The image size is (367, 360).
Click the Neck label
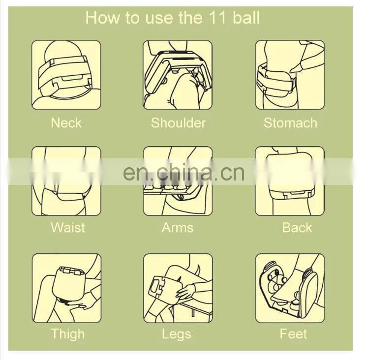point(66,123)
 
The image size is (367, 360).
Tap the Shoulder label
point(178,123)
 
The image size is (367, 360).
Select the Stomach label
point(290,123)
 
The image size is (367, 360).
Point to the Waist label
point(68,227)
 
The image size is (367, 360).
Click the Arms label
point(178,227)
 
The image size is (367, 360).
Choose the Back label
point(297,227)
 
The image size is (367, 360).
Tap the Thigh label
point(67,334)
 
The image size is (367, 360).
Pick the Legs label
point(177,334)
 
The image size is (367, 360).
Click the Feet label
point(293,333)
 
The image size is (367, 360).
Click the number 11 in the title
point(216,18)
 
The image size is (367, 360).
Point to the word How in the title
point(102,17)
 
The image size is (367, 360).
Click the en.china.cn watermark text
point(183,173)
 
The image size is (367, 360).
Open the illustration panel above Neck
point(66,75)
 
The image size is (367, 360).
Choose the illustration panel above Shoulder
point(178,75)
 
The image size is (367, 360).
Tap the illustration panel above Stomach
point(290,75)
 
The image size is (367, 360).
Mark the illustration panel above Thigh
point(67,288)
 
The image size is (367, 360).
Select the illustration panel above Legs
point(178,288)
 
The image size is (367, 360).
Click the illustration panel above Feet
point(290,288)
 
